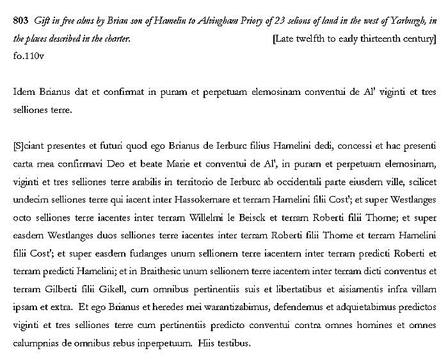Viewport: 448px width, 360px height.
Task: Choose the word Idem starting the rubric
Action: pos(24,92)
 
